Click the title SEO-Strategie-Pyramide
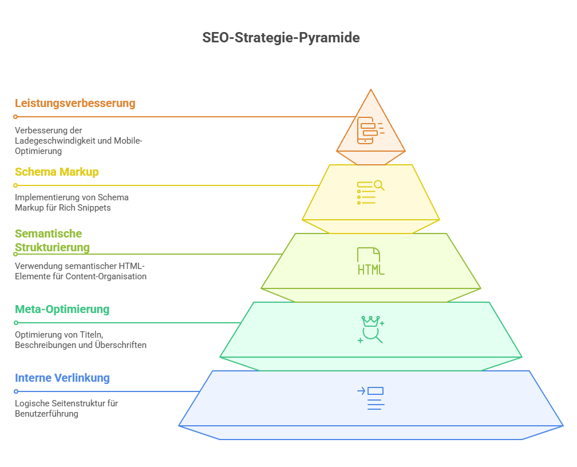click(281, 38)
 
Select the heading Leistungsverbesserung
click(75, 104)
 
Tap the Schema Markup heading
click(57, 172)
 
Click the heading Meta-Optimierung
click(62, 310)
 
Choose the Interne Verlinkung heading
click(62, 378)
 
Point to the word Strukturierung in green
click(52, 248)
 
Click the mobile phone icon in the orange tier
click(370, 130)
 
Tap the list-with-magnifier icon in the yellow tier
click(370, 192)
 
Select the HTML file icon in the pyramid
click(371, 262)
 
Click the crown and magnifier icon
click(371, 330)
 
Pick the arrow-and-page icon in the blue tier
click(370, 398)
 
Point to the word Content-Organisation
click(106, 276)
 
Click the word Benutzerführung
click(46, 414)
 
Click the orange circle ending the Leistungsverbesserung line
click(15, 117)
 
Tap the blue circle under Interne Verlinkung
click(16, 391)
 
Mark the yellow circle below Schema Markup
click(15, 185)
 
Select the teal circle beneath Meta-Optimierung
click(16, 323)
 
